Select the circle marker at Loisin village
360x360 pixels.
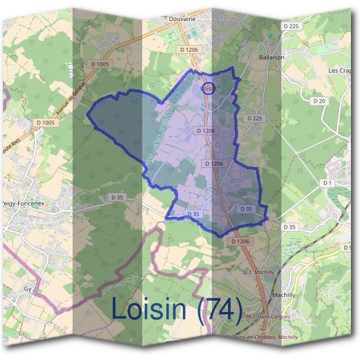208,88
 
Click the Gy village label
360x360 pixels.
28,289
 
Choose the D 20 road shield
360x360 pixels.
319,101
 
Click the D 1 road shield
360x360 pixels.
328,182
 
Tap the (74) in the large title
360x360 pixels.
220,310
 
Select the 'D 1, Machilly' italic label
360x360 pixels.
259,272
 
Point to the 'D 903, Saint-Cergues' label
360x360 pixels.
264,316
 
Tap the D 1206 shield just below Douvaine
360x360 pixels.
188,50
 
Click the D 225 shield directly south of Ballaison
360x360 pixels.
254,119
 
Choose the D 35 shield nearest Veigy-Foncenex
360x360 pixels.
116,197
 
